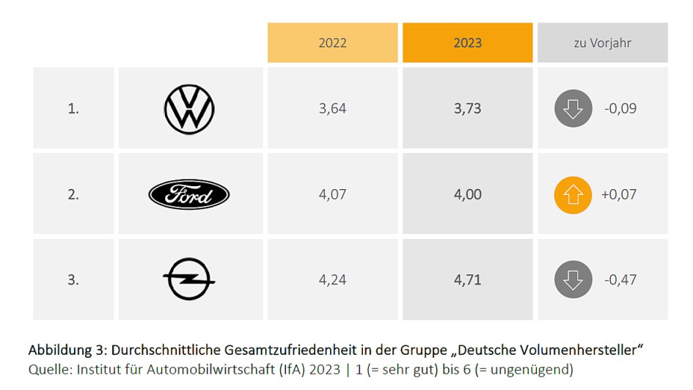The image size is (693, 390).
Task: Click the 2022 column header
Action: pos(332,43)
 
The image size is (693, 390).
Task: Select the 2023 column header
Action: pos(467,43)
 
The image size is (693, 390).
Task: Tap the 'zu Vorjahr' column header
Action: pos(602,43)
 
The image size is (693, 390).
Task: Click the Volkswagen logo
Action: pos(189,109)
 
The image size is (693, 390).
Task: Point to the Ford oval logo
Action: pos(189,195)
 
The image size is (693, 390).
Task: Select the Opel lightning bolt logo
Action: pos(189,279)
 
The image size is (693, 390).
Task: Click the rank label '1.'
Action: pos(73,109)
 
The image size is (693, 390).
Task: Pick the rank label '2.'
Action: pos(73,195)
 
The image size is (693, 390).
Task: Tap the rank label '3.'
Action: pos(73,279)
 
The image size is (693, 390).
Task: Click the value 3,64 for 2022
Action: pos(332,109)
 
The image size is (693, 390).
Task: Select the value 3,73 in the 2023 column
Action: pos(467,109)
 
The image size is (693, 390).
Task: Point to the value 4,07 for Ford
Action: pos(332,195)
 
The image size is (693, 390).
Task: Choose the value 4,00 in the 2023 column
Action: pos(467,195)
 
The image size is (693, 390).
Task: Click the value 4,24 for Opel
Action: pos(332,279)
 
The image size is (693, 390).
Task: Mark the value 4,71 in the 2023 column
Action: pos(467,279)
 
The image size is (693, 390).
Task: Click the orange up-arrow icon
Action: pos(573,195)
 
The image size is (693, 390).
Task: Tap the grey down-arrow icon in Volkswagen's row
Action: pos(573,109)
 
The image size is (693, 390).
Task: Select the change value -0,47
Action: pos(620,279)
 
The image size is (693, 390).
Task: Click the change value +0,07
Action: pos(619,195)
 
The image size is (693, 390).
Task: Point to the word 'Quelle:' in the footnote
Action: pos(48,369)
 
